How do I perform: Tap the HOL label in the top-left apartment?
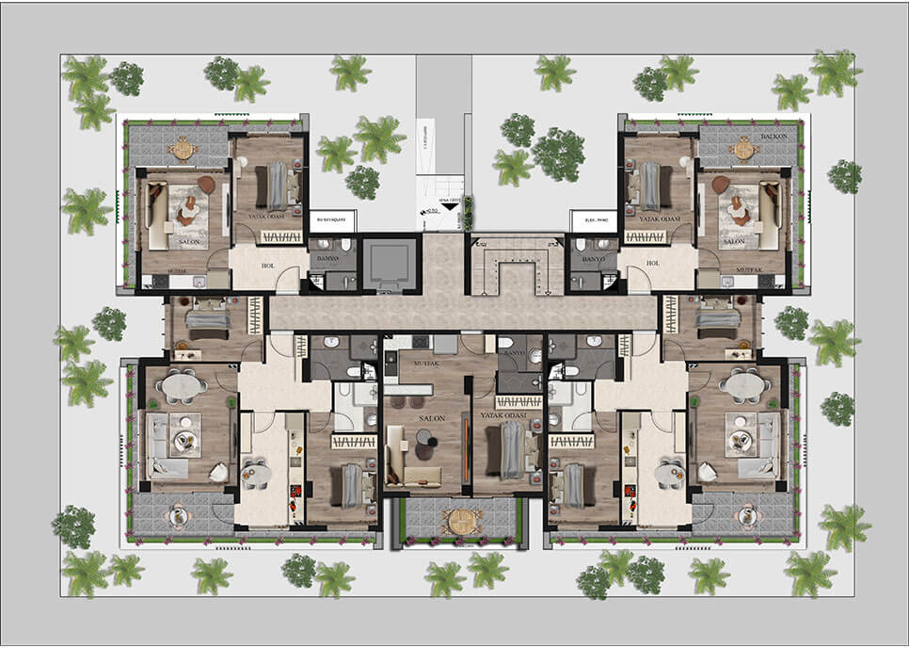[x=266, y=265]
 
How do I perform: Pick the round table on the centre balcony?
[x=461, y=521]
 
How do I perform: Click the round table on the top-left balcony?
[x=183, y=148]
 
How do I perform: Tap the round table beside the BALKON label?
[x=744, y=149]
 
